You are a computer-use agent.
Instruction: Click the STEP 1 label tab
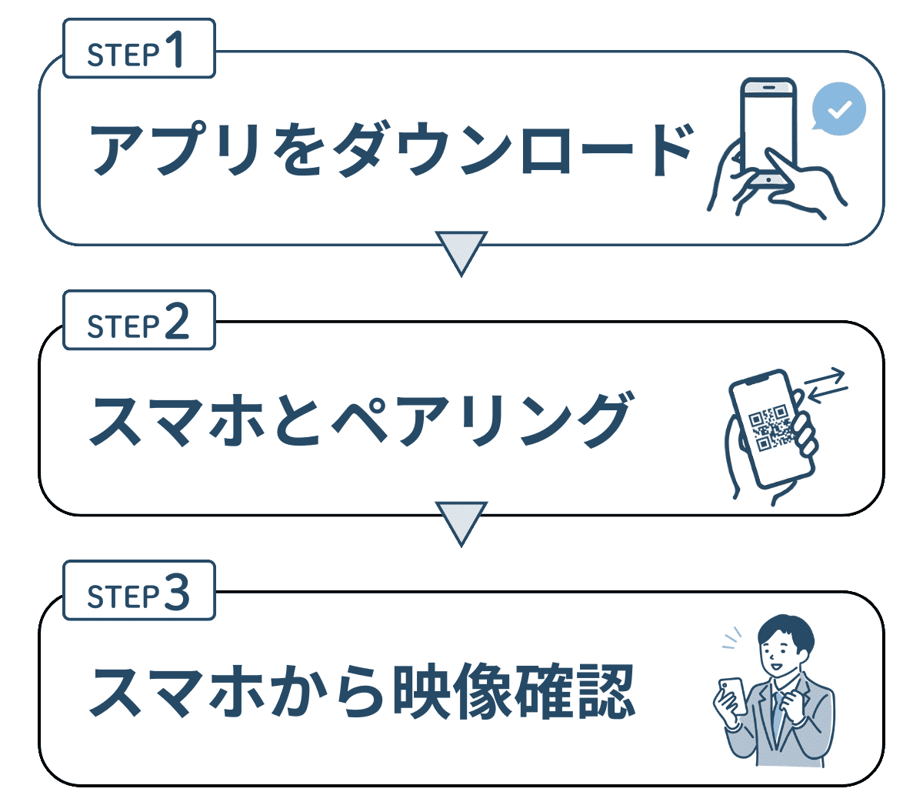tap(138, 50)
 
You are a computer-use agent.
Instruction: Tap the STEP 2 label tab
tap(138, 321)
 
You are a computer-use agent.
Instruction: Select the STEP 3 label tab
tap(138, 592)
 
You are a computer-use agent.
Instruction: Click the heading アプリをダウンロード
tap(392, 149)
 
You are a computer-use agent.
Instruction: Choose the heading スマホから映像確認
tap(362, 690)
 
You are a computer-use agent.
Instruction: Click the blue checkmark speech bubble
tap(839, 110)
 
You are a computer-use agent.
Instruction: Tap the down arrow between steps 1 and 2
tap(461, 251)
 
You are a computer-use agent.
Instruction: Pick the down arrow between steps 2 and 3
tap(461, 522)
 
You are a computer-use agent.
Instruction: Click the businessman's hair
tap(785, 631)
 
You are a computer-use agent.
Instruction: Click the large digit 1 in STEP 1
tap(175, 49)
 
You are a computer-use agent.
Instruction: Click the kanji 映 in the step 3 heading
tap(421, 690)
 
